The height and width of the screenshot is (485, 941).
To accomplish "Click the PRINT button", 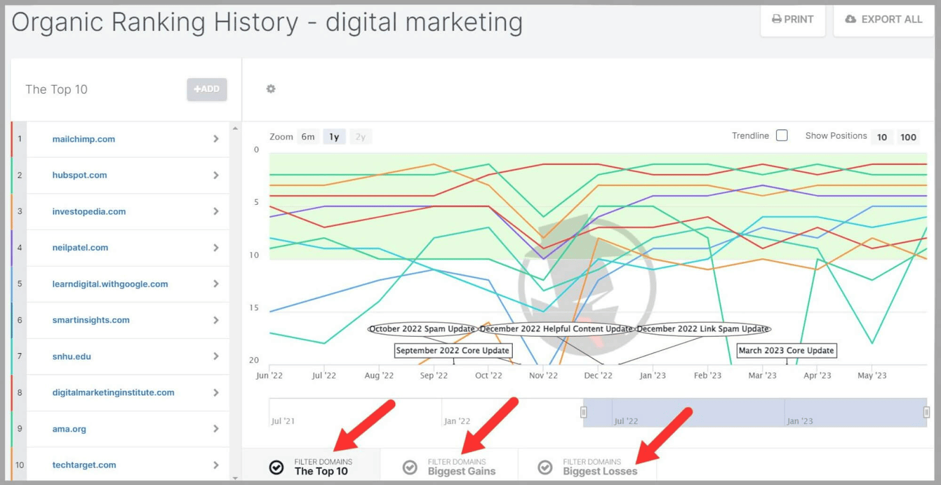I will (x=792, y=19).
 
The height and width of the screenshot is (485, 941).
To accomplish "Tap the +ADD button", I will (x=206, y=89).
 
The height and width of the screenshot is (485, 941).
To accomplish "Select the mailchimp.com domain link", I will (x=84, y=139).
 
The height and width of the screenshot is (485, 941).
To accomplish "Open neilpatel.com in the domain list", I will (x=80, y=248).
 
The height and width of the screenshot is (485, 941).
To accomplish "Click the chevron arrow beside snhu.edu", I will (x=216, y=356).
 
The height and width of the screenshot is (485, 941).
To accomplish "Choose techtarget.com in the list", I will (x=84, y=465).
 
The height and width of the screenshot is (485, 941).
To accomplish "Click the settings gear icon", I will (x=271, y=89).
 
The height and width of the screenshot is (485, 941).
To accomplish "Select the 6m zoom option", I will (x=308, y=137).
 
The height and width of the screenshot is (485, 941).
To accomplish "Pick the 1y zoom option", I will (x=334, y=137).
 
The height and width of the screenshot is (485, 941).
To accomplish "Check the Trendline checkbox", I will (x=782, y=135).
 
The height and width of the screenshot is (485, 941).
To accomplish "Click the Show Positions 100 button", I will (x=908, y=137).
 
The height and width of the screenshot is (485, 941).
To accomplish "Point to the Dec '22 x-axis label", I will (x=598, y=376).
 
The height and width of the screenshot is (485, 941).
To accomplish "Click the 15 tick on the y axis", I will (x=254, y=307).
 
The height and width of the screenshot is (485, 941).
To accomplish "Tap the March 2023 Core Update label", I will (x=786, y=350).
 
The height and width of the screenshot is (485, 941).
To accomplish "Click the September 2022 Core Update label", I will (x=452, y=350).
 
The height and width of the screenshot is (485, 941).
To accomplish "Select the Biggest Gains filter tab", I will (x=461, y=467).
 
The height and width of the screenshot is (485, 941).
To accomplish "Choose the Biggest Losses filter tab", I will (x=599, y=467).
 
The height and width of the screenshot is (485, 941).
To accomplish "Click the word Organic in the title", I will (x=57, y=23).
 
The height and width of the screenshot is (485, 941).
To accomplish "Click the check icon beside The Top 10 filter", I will (x=276, y=467).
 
